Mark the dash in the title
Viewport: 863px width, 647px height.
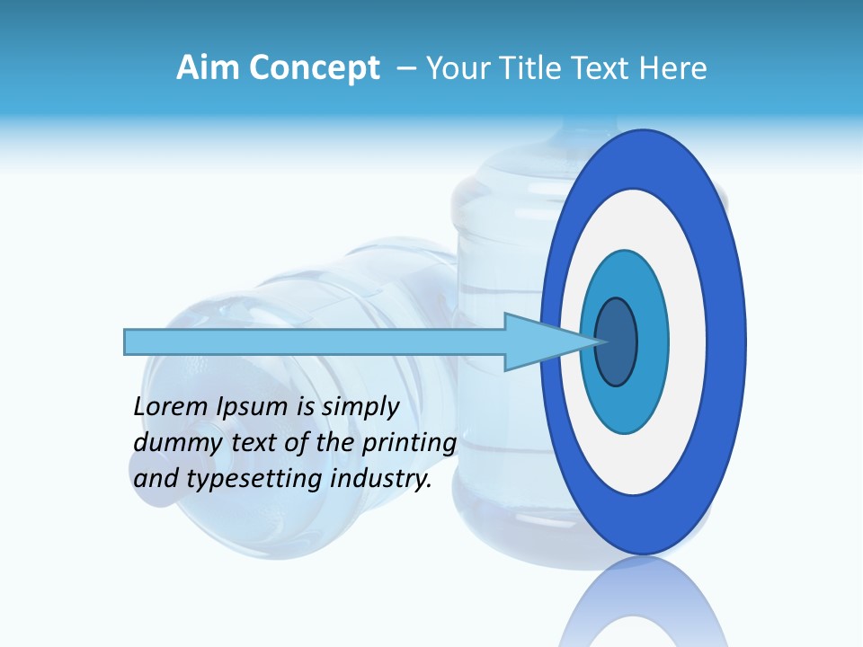(x=405, y=68)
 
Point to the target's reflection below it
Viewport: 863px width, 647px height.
(x=643, y=602)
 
